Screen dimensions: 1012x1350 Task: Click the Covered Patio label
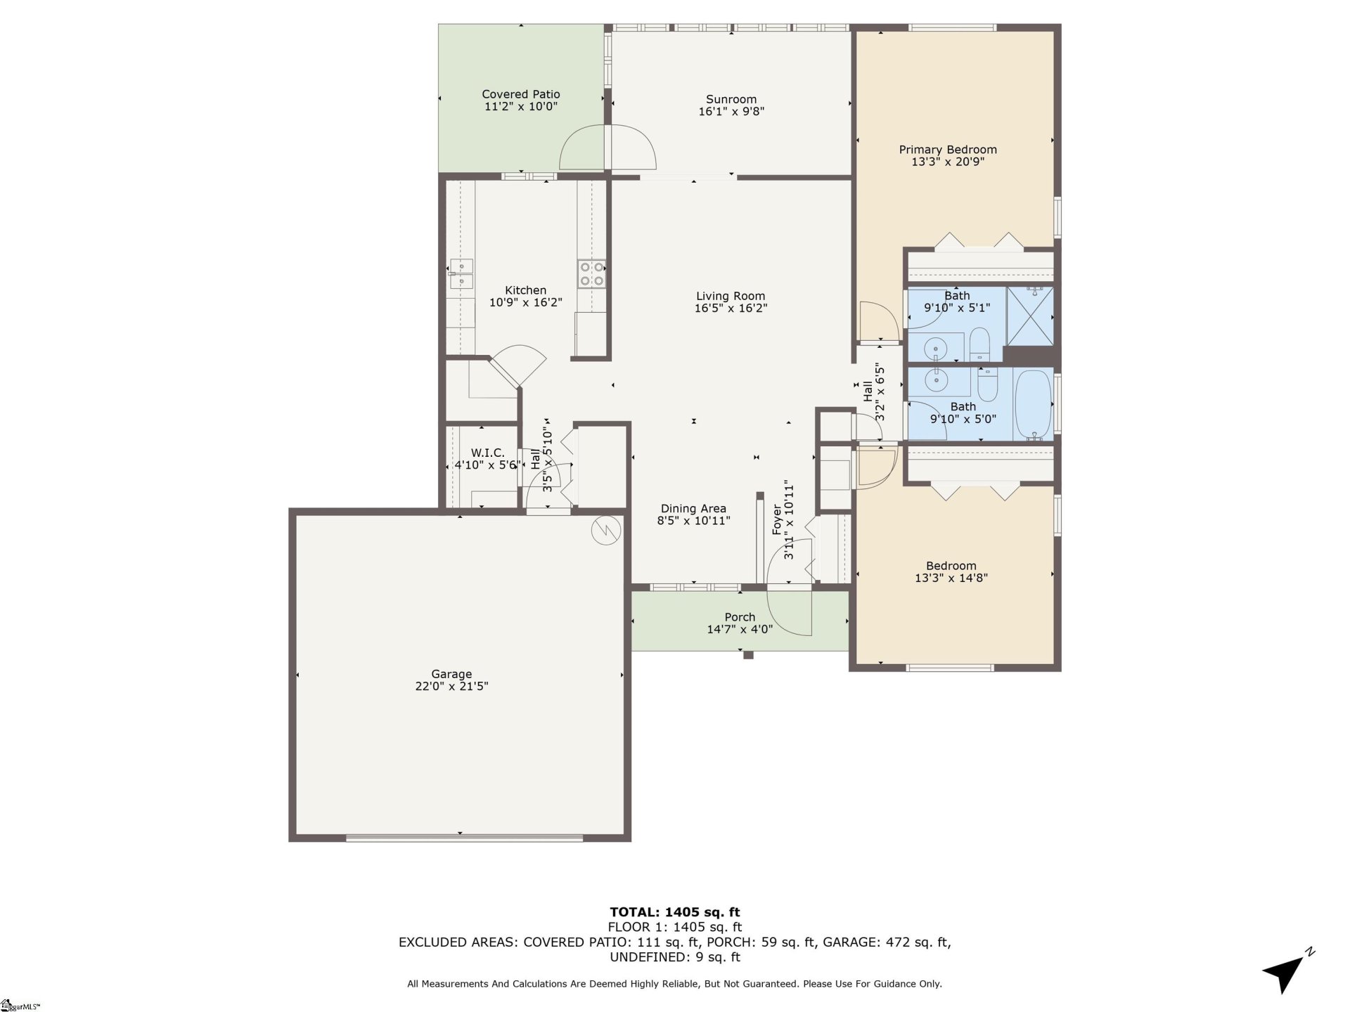tap(520, 94)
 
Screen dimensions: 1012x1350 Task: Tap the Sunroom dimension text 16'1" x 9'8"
tap(731, 112)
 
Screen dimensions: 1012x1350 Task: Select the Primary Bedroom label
tap(947, 150)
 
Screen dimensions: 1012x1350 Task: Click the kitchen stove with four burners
tap(592, 273)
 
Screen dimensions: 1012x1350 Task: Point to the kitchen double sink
tap(461, 274)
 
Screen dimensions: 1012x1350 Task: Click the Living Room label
tap(731, 296)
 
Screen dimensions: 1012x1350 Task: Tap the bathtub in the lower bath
tap(1033, 405)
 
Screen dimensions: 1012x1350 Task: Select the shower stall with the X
tap(1030, 316)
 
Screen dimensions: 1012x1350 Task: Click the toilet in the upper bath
tap(979, 344)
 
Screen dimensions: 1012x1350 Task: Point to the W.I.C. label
tap(487, 453)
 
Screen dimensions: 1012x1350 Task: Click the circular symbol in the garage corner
tap(606, 531)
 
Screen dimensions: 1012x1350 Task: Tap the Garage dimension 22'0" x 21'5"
tap(451, 687)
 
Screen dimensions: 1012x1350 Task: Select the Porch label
tap(740, 617)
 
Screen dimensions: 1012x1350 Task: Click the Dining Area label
tap(693, 509)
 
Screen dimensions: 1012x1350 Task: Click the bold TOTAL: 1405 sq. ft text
tap(674, 912)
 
